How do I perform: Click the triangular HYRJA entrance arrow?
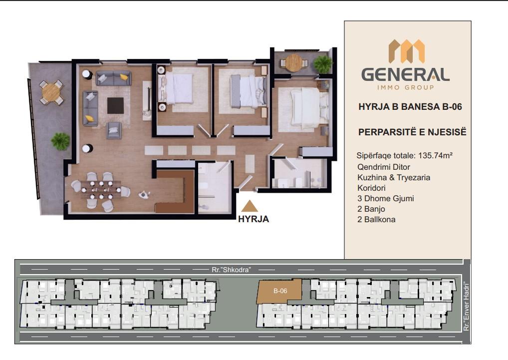tap(250, 206)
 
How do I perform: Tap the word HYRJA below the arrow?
tap(254, 219)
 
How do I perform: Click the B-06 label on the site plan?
tap(280, 291)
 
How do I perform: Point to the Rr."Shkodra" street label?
tap(232, 270)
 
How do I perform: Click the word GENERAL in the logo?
tap(405, 75)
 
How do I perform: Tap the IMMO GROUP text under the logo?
tap(405, 87)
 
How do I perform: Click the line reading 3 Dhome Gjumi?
tap(386, 198)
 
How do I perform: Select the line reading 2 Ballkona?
tap(376, 219)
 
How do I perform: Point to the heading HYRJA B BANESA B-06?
tap(410, 107)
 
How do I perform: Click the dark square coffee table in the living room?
tap(115, 106)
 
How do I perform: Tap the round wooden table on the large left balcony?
tap(51, 92)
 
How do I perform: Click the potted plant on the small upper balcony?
tap(323, 64)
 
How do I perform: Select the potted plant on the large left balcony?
tap(60, 142)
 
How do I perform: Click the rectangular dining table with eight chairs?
tap(101, 190)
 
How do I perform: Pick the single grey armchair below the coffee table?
tap(114, 130)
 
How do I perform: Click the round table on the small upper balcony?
tap(294, 62)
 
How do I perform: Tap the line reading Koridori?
tap(371, 188)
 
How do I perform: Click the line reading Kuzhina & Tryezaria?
tap(394, 178)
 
